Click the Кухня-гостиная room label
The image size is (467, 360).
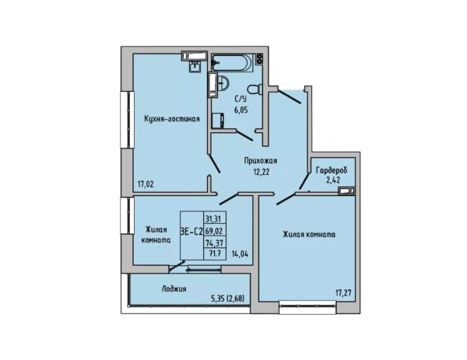point(172,119)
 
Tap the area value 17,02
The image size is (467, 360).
point(146,184)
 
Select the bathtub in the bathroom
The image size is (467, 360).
point(233,62)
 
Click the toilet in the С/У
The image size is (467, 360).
point(255,89)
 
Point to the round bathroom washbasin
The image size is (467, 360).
point(223,82)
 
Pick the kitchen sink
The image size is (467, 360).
point(195,66)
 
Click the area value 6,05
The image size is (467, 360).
point(241,110)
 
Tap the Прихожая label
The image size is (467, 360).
point(261,161)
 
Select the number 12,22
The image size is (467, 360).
point(262,172)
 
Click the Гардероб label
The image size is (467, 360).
point(332,171)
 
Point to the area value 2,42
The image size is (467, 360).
point(333,180)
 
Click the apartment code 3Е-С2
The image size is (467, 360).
point(191,231)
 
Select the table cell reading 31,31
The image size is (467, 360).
point(213,219)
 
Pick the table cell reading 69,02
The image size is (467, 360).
point(215,231)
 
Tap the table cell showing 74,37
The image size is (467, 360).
point(215,243)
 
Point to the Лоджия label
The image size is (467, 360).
point(174,289)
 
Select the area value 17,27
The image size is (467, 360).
point(343,293)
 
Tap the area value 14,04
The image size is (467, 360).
point(240,254)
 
